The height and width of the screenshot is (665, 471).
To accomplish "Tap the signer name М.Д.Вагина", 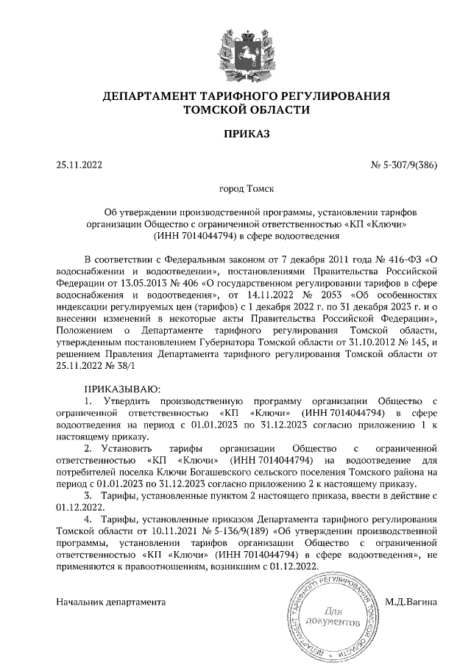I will (411, 603).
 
